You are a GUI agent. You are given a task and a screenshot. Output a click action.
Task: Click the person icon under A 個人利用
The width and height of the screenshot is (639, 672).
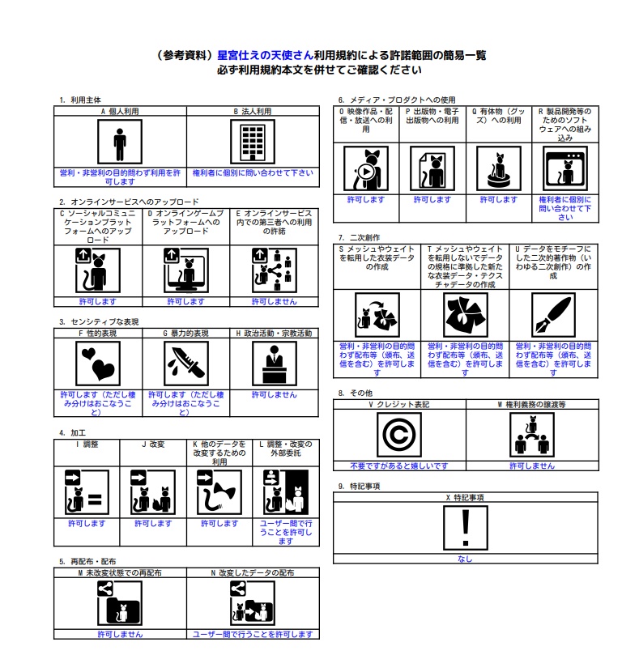pyautogui.click(x=120, y=142)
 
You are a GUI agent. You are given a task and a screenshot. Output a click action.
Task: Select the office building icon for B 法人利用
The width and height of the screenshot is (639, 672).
pyautogui.click(x=253, y=142)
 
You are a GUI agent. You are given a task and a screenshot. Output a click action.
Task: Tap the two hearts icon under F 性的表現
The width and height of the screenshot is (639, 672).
pyautogui.click(x=98, y=364)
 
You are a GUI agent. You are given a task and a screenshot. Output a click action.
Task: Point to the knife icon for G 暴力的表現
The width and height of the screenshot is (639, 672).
pyautogui.click(x=186, y=364)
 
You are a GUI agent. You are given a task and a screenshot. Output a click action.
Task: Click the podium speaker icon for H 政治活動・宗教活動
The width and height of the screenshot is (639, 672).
pyautogui.click(x=275, y=364)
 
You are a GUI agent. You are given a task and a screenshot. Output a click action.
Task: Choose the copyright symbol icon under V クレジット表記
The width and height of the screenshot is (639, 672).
pyautogui.click(x=399, y=435)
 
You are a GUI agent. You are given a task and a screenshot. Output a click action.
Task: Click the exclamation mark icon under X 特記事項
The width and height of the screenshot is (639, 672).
pyautogui.click(x=466, y=528)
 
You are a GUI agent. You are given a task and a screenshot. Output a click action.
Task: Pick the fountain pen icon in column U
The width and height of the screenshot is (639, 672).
pyautogui.click(x=553, y=315)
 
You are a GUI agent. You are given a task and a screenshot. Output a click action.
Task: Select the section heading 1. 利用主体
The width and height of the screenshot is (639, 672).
pyautogui.click(x=80, y=100)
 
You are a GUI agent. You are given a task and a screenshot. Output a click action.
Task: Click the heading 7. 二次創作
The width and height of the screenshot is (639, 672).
pyautogui.click(x=359, y=237)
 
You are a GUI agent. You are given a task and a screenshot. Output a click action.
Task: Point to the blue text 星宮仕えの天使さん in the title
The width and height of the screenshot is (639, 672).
pyautogui.click(x=266, y=55)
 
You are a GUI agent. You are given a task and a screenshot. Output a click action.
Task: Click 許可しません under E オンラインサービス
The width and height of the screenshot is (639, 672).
pyautogui.click(x=275, y=301)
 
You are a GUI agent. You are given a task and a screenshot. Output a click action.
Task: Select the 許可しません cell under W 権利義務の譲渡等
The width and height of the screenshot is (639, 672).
pyautogui.click(x=532, y=466)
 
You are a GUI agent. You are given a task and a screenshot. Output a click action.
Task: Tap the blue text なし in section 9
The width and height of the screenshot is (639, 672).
pyautogui.click(x=465, y=559)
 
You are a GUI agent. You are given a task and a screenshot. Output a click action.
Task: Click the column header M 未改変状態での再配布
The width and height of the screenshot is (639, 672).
pyautogui.click(x=120, y=572)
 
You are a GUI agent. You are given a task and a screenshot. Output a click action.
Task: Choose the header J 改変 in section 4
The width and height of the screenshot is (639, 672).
pyautogui.click(x=153, y=444)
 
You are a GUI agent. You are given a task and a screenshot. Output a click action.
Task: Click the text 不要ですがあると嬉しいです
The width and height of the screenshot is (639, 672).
pyautogui.click(x=399, y=466)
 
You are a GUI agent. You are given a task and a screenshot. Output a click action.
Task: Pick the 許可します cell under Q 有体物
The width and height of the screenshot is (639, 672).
pyautogui.click(x=499, y=199)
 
